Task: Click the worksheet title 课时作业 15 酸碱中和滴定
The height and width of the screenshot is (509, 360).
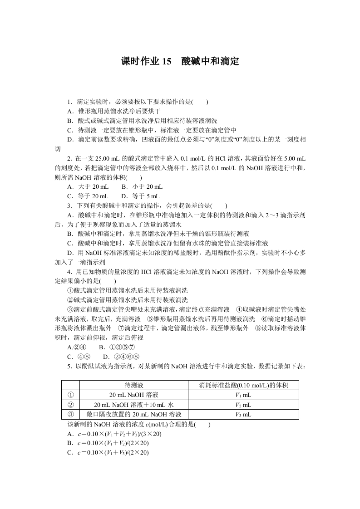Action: click(180, 61)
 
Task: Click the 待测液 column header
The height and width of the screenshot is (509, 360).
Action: click(133, 386)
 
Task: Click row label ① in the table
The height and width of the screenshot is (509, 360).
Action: click(70, 395)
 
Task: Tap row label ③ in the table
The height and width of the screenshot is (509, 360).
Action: click(70, 414)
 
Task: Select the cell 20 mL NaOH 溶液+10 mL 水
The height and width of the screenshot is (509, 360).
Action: click(133, 405)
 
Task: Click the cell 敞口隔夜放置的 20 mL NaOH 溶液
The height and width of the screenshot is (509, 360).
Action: click(133, 414)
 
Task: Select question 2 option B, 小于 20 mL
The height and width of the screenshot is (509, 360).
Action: click(142, 186)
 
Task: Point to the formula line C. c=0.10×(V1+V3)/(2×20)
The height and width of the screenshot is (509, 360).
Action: click(108, 453)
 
